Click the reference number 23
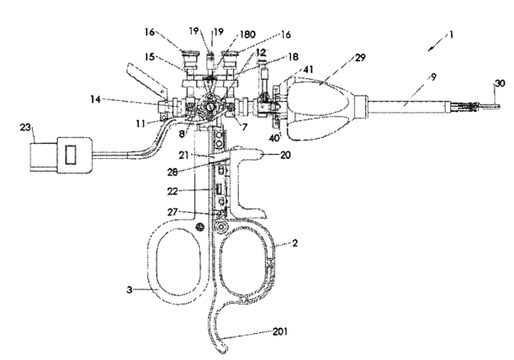[25, 127]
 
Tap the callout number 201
[280, 331]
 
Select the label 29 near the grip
[360, 58]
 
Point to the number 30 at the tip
[500, 83]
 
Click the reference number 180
[248, 34]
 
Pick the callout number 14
[95, 99]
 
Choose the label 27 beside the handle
[172, 212]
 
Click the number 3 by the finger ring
[130, 290]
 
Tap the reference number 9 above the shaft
[433, 77]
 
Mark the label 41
[309, 70]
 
